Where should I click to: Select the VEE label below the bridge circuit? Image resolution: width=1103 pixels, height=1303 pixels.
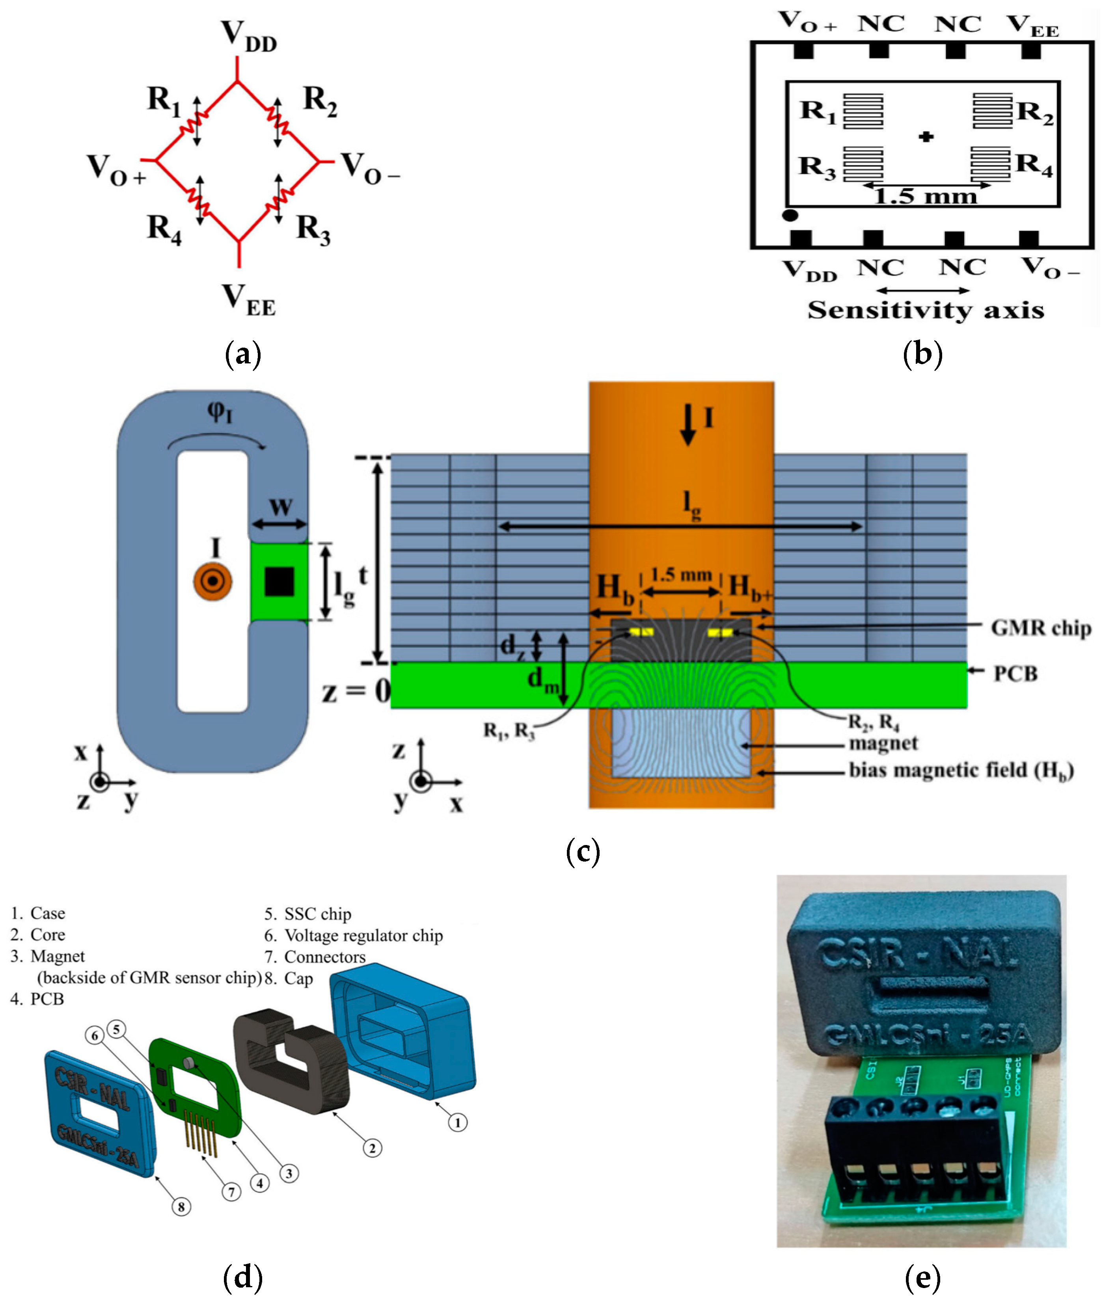pyautogui.click(x=248, y=300)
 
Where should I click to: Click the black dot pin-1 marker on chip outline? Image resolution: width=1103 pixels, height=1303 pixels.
pyautogui.click(x=790, y=215)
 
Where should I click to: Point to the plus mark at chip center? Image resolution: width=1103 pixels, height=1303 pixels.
pyautogui.click(x=926, y=136)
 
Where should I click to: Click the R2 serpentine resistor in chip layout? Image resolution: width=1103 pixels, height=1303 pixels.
pyautogui.click(x=992, y=111)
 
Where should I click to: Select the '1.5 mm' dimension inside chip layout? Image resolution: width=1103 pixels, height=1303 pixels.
pyautogui.click(x=926, y=196)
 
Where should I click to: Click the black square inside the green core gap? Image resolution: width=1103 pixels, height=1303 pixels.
pyautogui.click(x=279, y=581)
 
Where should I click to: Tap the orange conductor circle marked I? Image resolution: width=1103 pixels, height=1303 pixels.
pyautogui.click(x=212, y=581)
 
